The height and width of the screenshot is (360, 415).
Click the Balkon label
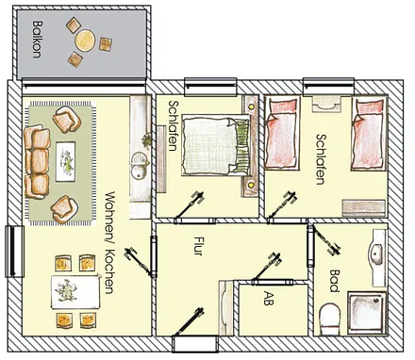click(x=37, y=40)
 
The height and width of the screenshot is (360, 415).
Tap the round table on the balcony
click(x=85, y=40)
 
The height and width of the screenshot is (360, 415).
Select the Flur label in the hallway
click(x=198, y=246)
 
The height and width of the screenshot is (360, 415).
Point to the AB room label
click(x=269, y=298)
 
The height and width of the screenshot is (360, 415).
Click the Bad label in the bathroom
click(x=334, y=281)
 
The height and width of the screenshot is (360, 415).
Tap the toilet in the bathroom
click(x=330, y=319)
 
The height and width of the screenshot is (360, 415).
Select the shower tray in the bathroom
click(x=367, y=313)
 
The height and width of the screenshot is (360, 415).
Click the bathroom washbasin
click(x=377, y=254)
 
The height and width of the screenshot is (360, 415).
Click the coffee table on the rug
click(x=66, y=161)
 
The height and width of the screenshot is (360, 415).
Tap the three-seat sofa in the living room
click(x=37, y=162)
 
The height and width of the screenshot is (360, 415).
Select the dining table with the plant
click(x=75, y=292)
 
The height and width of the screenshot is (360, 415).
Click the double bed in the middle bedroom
click(x=216, y=145)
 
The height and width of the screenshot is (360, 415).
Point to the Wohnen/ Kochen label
click(x=108, y=242)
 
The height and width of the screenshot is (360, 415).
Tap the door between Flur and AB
click(x=273, y=283)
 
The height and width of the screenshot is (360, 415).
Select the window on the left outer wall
click(x=14, y=252)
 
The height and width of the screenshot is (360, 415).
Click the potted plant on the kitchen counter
click(x=146, y=140)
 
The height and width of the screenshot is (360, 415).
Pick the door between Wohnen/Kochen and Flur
click(x=154, y=257)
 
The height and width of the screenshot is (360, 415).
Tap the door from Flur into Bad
click(x=310, y=246)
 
